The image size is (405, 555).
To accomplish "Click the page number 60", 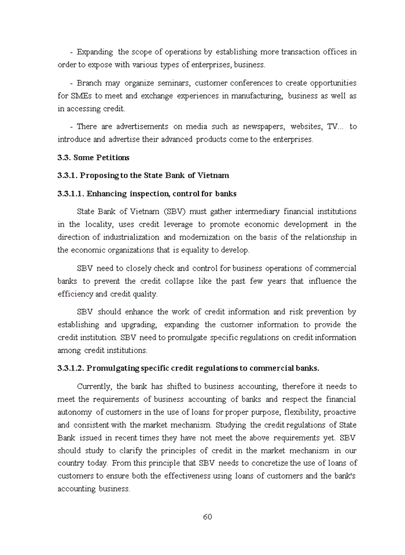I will pos(207,516).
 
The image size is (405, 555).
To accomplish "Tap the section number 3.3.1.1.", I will pos(71,194).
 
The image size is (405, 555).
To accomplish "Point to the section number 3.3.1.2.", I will pos(71,368).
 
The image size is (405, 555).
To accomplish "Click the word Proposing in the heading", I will pos(99,175).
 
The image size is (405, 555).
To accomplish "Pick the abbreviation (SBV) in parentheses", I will pos(174,212).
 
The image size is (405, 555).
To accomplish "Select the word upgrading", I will pos(140,325).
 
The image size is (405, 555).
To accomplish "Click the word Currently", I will pos(94,386).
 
